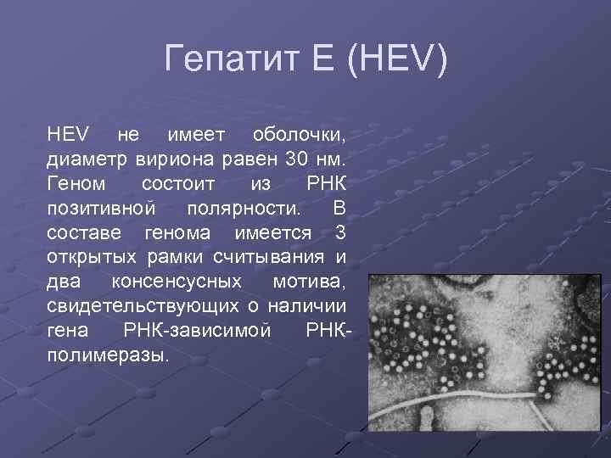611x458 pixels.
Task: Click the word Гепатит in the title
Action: [x=221, y=60]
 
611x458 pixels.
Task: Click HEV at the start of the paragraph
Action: [x=67, y=135]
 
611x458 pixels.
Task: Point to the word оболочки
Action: [x=298, y=135]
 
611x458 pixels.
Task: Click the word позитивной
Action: [x=101, y=208]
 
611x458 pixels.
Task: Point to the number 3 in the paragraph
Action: [x=340, y=232]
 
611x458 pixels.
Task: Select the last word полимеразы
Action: [x=109, y=354]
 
